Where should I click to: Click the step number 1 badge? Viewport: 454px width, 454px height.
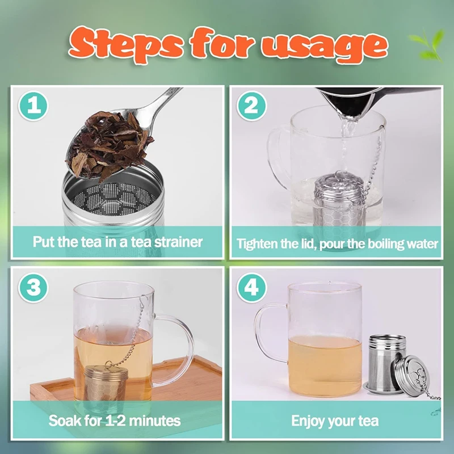click(33, 106)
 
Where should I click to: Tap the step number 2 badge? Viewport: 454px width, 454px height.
click(251, 106)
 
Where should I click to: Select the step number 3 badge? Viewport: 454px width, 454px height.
click(33, 288)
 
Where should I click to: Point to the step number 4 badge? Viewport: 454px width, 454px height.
click(251, 288)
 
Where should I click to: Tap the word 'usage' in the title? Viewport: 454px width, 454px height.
click(324, 47)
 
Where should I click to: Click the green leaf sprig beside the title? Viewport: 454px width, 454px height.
click(428, 45)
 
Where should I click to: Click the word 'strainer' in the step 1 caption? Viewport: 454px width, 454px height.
click(178, 242)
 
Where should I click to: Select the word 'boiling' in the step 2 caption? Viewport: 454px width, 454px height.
click(385, 244)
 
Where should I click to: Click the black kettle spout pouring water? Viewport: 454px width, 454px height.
click(347, 102)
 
